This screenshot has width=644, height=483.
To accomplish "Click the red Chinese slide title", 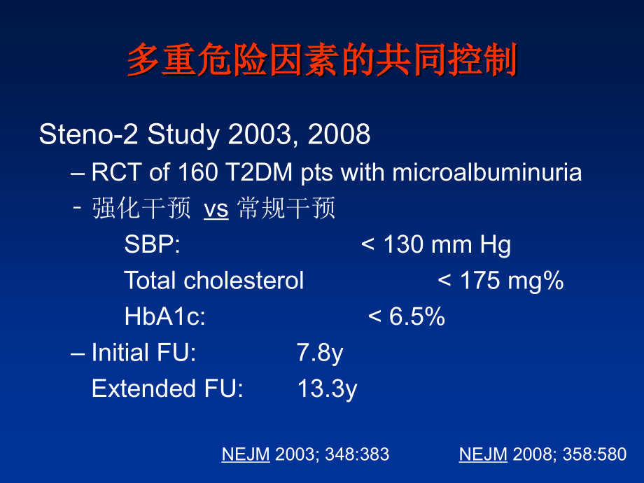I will [321, 62].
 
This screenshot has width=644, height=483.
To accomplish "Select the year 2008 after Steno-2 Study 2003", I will [342, 134].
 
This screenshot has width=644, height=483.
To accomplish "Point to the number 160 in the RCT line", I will [192, 172].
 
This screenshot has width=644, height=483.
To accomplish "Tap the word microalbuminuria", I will [487, 172].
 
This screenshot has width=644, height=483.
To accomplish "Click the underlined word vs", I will [216, 209].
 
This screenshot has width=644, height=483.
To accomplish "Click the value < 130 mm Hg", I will [436, 245].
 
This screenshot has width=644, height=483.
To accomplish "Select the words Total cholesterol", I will [214, 281].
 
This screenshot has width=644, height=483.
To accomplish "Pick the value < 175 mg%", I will [500, 281].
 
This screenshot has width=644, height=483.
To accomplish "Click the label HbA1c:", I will [165, 317].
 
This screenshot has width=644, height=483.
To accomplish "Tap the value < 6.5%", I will [407, 317].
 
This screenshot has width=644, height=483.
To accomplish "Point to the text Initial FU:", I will [143, 353].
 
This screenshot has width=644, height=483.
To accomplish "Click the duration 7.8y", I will [320, 353].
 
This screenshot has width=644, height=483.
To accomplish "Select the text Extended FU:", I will [167, 388].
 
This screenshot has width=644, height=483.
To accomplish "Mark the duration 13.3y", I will [327, 388].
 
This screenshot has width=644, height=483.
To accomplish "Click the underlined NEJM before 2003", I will [246, 454].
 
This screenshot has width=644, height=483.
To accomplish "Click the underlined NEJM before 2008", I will [483, 454].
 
